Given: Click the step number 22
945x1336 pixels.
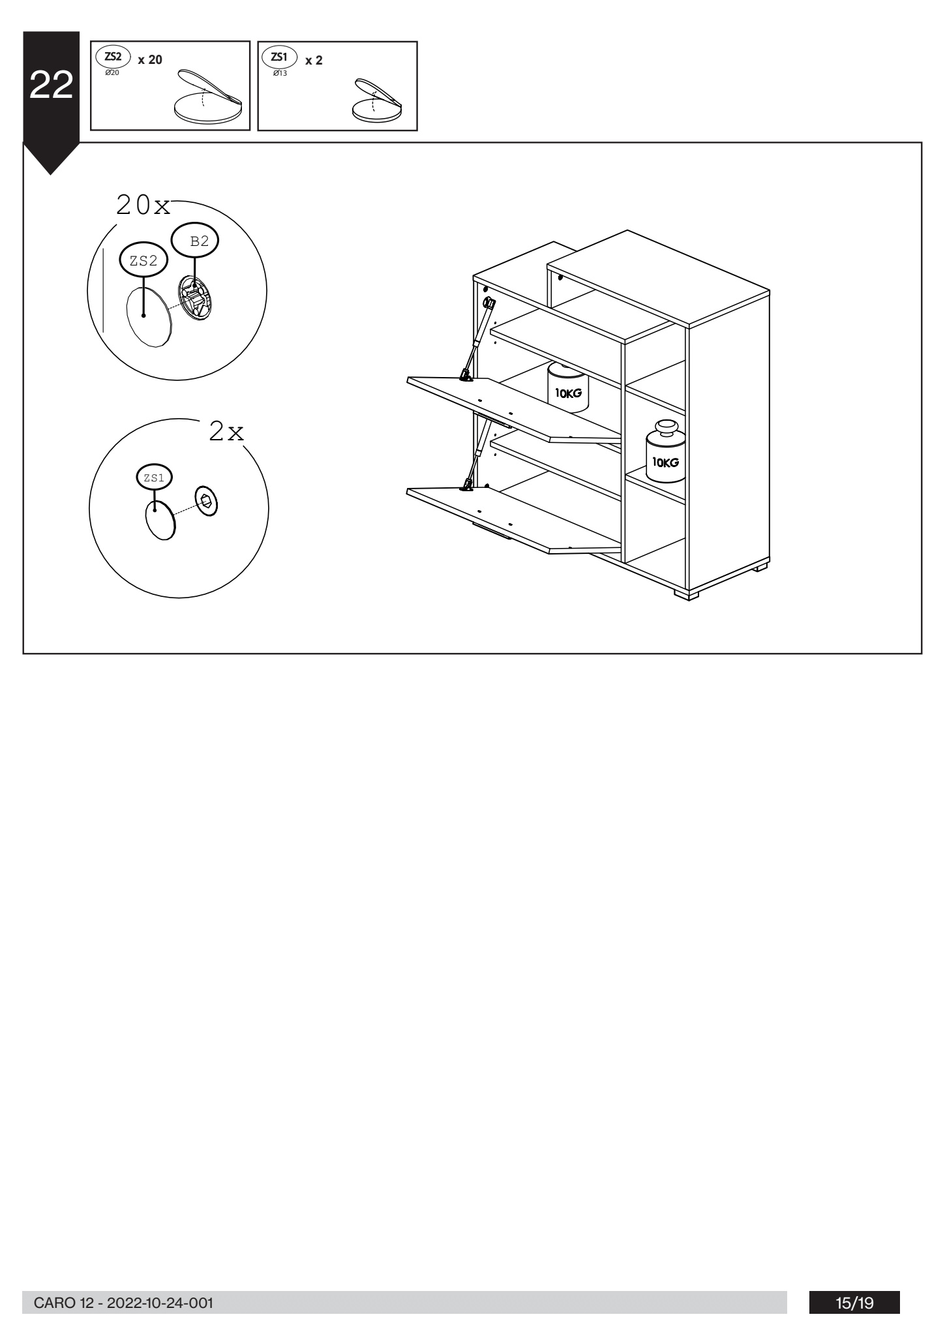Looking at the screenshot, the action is coord(51,85).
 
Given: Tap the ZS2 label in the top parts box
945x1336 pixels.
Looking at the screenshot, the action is coord(113,57).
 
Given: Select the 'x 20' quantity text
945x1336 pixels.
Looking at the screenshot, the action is coord(150,59).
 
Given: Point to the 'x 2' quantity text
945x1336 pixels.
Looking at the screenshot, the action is coord(314,60).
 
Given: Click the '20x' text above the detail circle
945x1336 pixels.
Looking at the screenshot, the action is coord(143,205).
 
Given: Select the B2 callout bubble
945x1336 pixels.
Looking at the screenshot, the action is coord(195,241).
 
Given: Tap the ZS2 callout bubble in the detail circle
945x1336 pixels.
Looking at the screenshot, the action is coord(143,261).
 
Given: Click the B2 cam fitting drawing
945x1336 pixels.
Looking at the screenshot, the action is coord(195,298).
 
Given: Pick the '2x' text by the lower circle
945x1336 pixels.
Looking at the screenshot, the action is coord(226,431).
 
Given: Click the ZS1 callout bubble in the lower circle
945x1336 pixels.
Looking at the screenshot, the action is coord(154,477).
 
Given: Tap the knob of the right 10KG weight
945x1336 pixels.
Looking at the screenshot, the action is coord(666,427).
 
